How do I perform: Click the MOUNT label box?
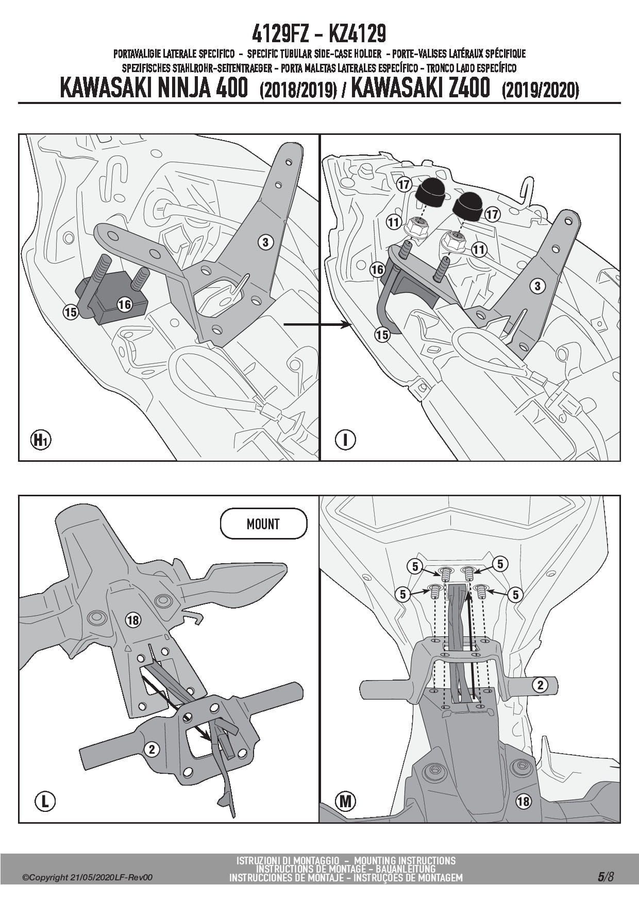tap(263, 525)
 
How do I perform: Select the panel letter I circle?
tap(345, 440)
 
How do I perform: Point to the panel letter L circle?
tap(45, 801)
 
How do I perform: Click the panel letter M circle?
tap(345, 801)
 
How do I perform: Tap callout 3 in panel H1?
tap(265, 242)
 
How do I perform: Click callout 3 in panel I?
tap(537, 286)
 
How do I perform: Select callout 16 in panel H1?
tap(124, 305)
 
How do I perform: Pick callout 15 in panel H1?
tap(71, 311)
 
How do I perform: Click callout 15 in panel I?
tap(382, 335)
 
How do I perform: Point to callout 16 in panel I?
tap(378, 269)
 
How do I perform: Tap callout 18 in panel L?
tap(133, 620)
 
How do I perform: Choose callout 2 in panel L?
tap(152, 750)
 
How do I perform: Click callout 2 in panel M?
tap(541, 685)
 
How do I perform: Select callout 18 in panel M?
tap(523, 801)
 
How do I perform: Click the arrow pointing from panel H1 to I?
tap(317, 324)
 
